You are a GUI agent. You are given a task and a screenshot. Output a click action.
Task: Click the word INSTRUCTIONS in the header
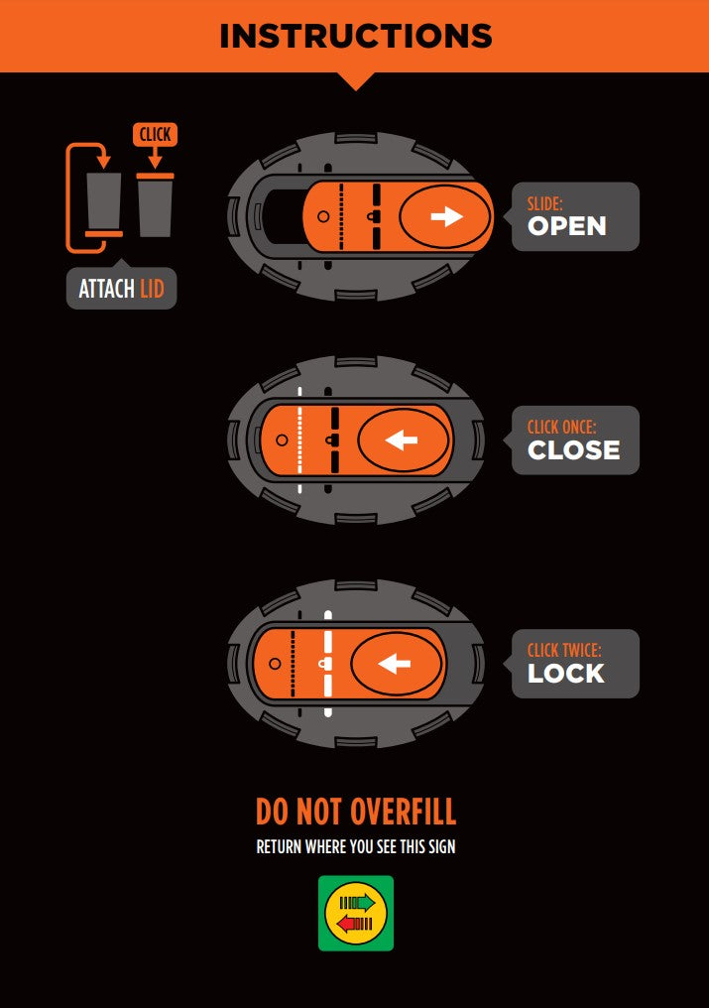tap(355, 36)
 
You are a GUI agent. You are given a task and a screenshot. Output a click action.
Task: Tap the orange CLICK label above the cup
tap(155, 134)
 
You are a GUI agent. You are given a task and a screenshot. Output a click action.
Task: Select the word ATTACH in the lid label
tap(107, 289)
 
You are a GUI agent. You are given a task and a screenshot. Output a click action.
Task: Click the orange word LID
tap(153, 289)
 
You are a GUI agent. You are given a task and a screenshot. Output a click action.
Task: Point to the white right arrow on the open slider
tap(447, 216)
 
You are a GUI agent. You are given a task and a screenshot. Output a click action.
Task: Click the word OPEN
tap(567, 226)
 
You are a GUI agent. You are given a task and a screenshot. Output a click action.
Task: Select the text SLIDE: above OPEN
tap(545, 203)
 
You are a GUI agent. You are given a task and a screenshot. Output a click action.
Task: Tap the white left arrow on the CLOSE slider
tap(401, 441)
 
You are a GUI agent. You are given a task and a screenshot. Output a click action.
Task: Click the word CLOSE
tap(574, 450)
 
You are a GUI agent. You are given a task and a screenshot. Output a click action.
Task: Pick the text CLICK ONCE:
tap(562, 427)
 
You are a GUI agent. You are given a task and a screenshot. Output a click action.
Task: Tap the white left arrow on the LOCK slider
tap(394, 664)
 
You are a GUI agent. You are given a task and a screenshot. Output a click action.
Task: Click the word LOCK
tap(566, 673)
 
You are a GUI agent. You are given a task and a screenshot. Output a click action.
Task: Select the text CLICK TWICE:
tap(564, 650)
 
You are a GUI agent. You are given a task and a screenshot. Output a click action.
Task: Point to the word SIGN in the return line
tap(441, 846)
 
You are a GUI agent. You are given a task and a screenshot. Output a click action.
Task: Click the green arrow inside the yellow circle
tap(357, 903)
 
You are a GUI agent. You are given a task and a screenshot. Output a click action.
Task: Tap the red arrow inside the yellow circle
tap(355, 924)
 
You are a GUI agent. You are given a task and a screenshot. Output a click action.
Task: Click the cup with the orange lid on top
tap(155, 204)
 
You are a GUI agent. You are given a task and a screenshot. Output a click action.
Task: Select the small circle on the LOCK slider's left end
tap(275, 664)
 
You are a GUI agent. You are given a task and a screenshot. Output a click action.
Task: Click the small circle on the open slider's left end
tap(323, 216)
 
